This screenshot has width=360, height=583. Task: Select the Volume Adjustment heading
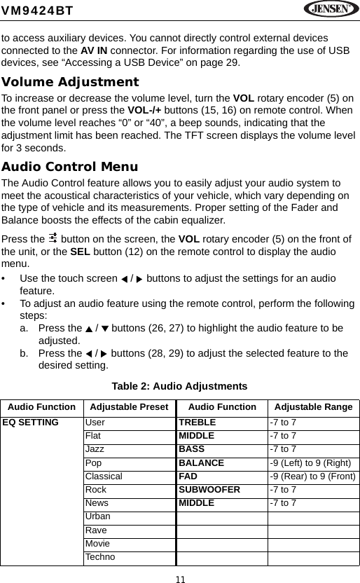pyautogui.click(x=70, y=82)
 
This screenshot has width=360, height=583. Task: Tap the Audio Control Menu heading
pyautogui.click(x=69, y=167)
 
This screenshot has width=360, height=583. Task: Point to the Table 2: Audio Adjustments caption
pyautogui.click(x=180, y=386)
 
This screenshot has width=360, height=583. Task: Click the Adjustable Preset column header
pyautogui.click(x=130, y=407)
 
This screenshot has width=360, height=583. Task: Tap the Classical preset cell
pyautogui.click(x=104, y=476)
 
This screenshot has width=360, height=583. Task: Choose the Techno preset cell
pyautogui.click(x=101, y=556)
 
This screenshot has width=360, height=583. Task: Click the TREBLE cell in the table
pyautogui.click(x=198, y=423)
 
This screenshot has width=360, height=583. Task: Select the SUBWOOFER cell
pyautogui.click(x=209, y=490)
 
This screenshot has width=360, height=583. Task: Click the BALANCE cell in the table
pyautogui.click(x=202, y=463)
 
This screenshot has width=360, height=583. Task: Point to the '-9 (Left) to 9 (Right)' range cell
pyautogui.click(x=312, y=463)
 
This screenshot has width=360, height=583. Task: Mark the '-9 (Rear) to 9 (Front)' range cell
pyautogui.click(x=313, y=476)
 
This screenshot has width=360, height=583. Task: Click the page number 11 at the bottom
pyautogui.click(x=181, y=577)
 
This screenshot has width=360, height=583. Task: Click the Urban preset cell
pyautogui.click(x=98, y=516)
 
